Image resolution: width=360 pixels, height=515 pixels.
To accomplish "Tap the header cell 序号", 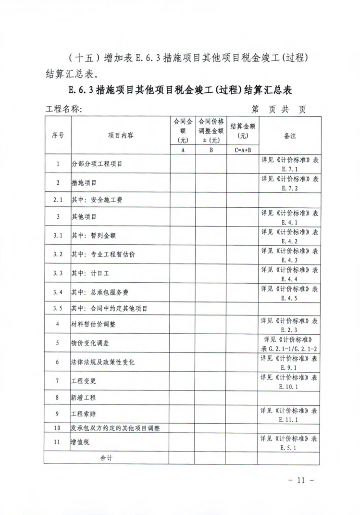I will [58, 136].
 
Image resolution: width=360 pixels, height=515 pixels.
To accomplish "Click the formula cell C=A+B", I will [242, 150].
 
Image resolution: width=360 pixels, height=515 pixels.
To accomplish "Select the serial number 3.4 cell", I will [58, 292].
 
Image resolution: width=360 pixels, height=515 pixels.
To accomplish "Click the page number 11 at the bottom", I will [302, 480].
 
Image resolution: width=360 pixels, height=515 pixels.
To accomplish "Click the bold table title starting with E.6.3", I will [181, 90].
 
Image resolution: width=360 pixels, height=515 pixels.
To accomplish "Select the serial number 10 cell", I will [58, 427].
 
